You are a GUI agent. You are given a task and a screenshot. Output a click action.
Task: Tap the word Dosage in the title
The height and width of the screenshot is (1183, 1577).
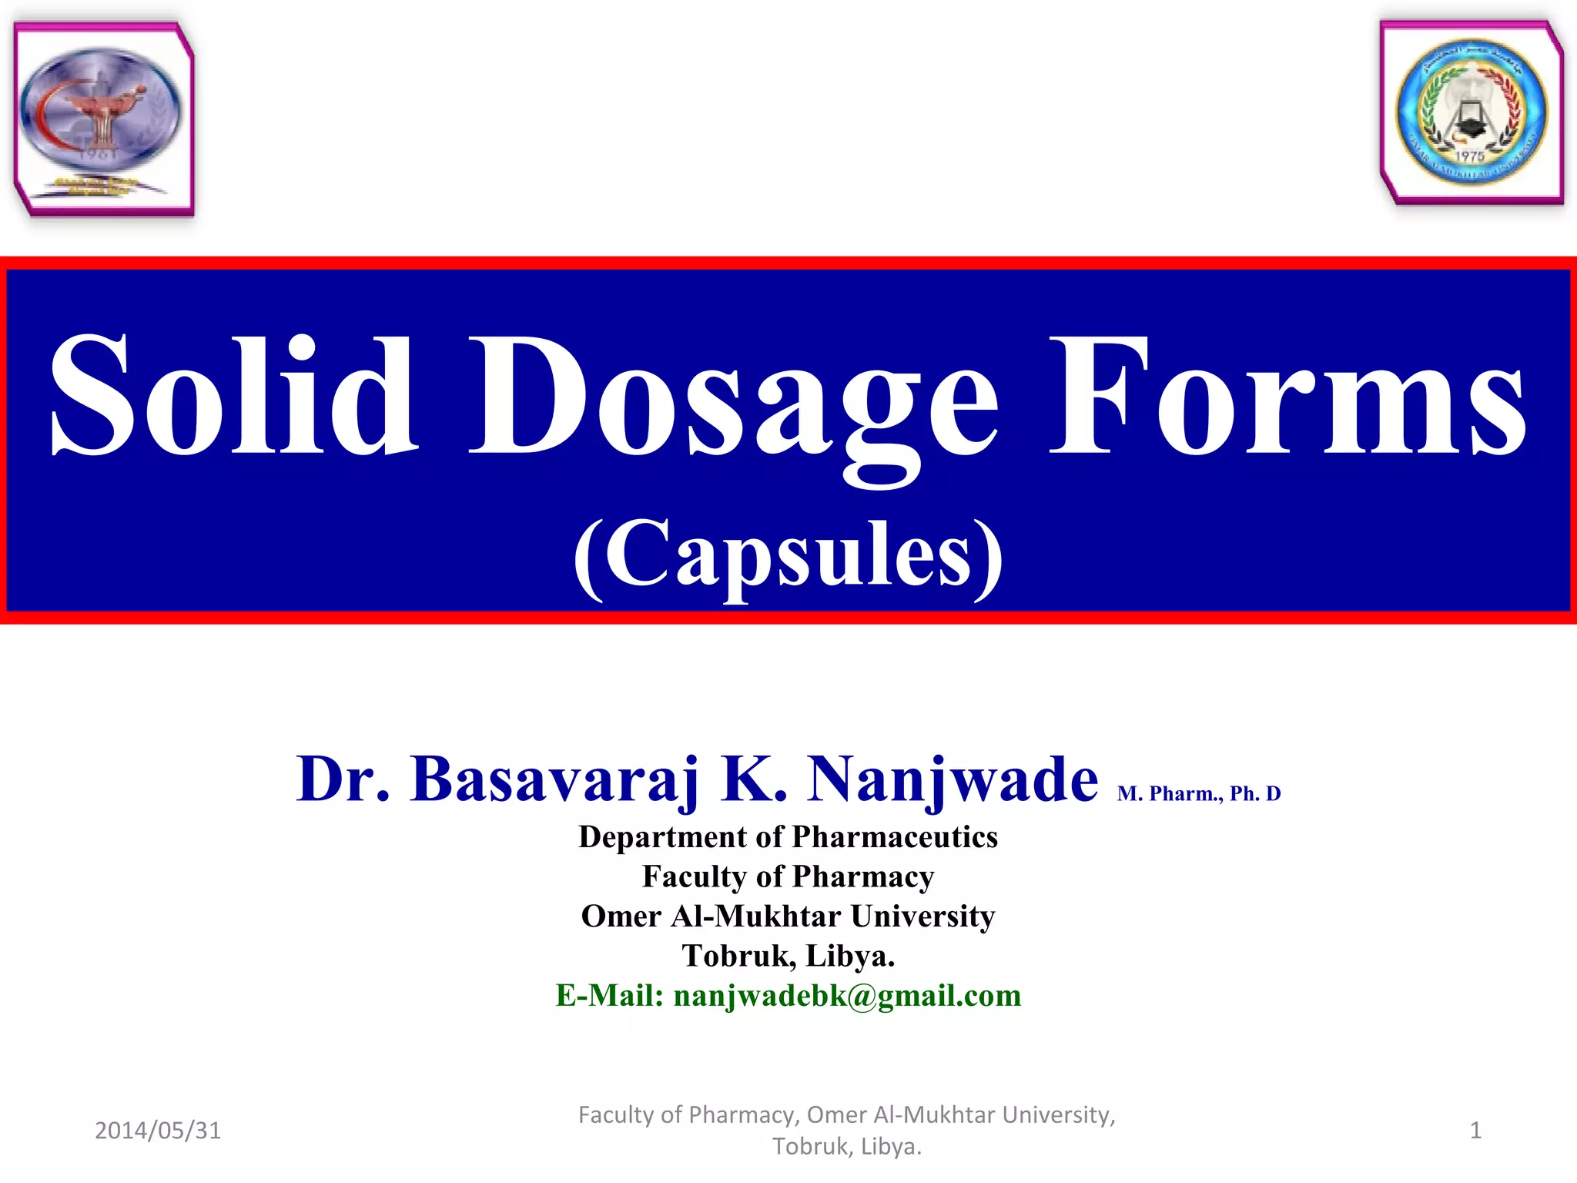click(x=735, y=400)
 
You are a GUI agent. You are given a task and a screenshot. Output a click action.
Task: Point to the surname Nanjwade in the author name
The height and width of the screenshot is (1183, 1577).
click(x=953, y=779)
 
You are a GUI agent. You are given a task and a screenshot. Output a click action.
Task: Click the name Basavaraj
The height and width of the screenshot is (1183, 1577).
click(x=555, y=779)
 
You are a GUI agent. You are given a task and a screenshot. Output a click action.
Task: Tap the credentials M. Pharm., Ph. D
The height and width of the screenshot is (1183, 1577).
click(x=1199, y=793)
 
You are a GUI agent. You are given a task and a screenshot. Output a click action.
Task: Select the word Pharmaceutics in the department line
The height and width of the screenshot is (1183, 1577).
click(x=895, y=837)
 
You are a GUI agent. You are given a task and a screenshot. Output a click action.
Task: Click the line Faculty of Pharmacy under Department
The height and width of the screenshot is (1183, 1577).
click(x=788, y=876)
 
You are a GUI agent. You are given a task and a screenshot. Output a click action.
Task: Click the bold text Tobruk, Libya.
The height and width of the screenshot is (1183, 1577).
click(x=788, y=956)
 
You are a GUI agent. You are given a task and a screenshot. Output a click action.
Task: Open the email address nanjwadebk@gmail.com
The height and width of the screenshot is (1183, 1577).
click(x=847, y=996)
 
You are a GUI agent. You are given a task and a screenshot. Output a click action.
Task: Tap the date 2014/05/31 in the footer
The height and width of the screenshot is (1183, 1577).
click(x=158, y=1130)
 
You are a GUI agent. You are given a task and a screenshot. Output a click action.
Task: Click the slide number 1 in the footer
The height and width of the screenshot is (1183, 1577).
click(x=1475, y=1130)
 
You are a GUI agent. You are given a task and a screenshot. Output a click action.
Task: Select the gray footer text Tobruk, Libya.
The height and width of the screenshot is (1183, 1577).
click(x=847, y=1147)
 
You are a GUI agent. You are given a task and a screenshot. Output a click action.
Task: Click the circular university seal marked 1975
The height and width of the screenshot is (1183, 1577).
click(x=1471, y=114)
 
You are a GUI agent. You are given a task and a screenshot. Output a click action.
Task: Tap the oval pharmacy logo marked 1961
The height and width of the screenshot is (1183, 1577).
click(x=100, y=112)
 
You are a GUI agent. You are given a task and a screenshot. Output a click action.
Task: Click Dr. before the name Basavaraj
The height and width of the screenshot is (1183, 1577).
click(x=343, y=779)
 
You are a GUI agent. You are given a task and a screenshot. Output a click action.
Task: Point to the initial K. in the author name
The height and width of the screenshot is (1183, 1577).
click(x=754, y=779)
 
